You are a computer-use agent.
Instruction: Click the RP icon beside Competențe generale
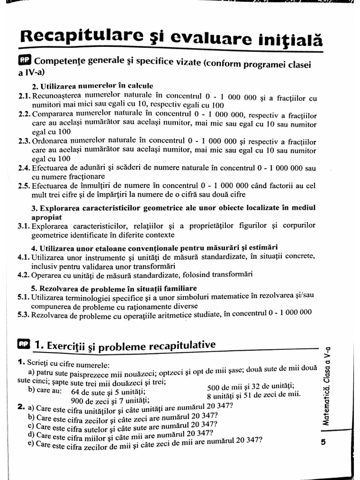pyautogui.click(x=25, y=61)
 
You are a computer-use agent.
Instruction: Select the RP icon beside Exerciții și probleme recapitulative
pyautogui.click(x=23, y=344)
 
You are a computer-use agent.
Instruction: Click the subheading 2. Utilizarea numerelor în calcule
pyautogui.click(x=92, y=86)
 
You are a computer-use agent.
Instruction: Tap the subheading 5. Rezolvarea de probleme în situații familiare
pyautogui.click(x=114, y=288)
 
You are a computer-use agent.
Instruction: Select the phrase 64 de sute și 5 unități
pyautogui.click(x=108, y=392)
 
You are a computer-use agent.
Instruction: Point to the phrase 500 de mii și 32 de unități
pyautogui.click(x=251, y=387)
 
